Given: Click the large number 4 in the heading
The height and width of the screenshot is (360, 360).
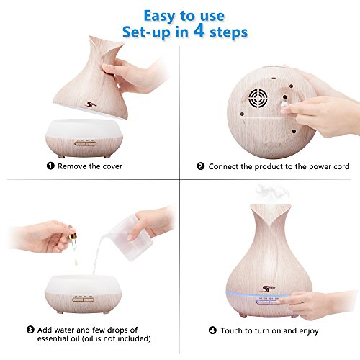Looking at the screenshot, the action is [x=199, y=31].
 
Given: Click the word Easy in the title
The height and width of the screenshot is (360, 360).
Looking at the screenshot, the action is [x=160, y=17].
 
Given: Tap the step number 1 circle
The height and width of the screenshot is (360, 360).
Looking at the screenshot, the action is [x=50, y=166].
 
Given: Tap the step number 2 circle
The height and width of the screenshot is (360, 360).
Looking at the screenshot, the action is [x=201, y=166].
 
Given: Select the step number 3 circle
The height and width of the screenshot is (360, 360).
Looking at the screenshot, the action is [x=30, y=330].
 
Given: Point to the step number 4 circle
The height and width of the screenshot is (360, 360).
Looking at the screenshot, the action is [x=212, y=330].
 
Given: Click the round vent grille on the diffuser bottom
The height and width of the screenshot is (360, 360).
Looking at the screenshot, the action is [x=258, y=98].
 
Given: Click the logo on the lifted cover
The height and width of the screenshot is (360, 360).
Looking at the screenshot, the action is [x=91, y=104].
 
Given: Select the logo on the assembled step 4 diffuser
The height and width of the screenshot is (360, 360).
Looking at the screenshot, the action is [x=268, y=288].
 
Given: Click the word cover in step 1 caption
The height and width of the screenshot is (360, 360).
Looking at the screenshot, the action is [x=112, y=166].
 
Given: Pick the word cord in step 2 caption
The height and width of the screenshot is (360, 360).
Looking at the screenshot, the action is [x=341, y=166].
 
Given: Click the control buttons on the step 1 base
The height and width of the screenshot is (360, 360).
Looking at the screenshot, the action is [x=86, y=143].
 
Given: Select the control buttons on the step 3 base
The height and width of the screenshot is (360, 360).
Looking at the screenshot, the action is [x=84, y=300].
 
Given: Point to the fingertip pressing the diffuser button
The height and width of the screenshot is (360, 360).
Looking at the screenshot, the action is [x=282, y=300].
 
